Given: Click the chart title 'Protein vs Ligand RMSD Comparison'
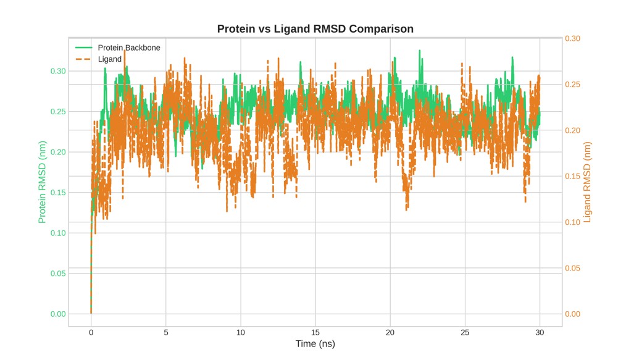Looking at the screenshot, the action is tap(315, 29).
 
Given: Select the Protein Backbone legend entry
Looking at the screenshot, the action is tap(118, 48).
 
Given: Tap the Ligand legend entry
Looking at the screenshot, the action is tap(98, 59).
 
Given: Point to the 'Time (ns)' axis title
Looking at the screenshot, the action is tap(315, 344).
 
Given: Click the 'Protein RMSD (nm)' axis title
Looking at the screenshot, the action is tap(42, 182).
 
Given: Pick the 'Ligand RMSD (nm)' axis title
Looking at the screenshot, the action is tap(587, 182).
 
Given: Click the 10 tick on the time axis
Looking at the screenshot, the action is tap(241, 332).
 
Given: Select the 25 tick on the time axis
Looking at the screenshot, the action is tap(465, 332).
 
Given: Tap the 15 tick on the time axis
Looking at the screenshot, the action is tap(315, 332).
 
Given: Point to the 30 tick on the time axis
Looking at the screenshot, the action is tap(540, 332).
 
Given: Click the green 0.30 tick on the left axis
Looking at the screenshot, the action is tap(58, 71).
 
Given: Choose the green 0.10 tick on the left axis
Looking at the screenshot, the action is tap(58, 233).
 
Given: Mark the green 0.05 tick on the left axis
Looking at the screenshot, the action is tap(58, 274).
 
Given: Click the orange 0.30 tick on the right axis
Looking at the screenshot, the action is tap(572, 38).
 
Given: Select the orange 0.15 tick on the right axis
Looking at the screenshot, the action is tap(572, 176).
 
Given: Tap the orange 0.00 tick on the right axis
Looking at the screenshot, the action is tap(572, 314).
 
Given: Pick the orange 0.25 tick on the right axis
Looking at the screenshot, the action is tap(572, 85).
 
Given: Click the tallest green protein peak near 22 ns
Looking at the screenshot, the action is tap(420, 51).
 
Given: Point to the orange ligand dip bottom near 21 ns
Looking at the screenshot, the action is tap(406, 209).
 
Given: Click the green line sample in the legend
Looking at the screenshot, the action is tap(84, 48).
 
